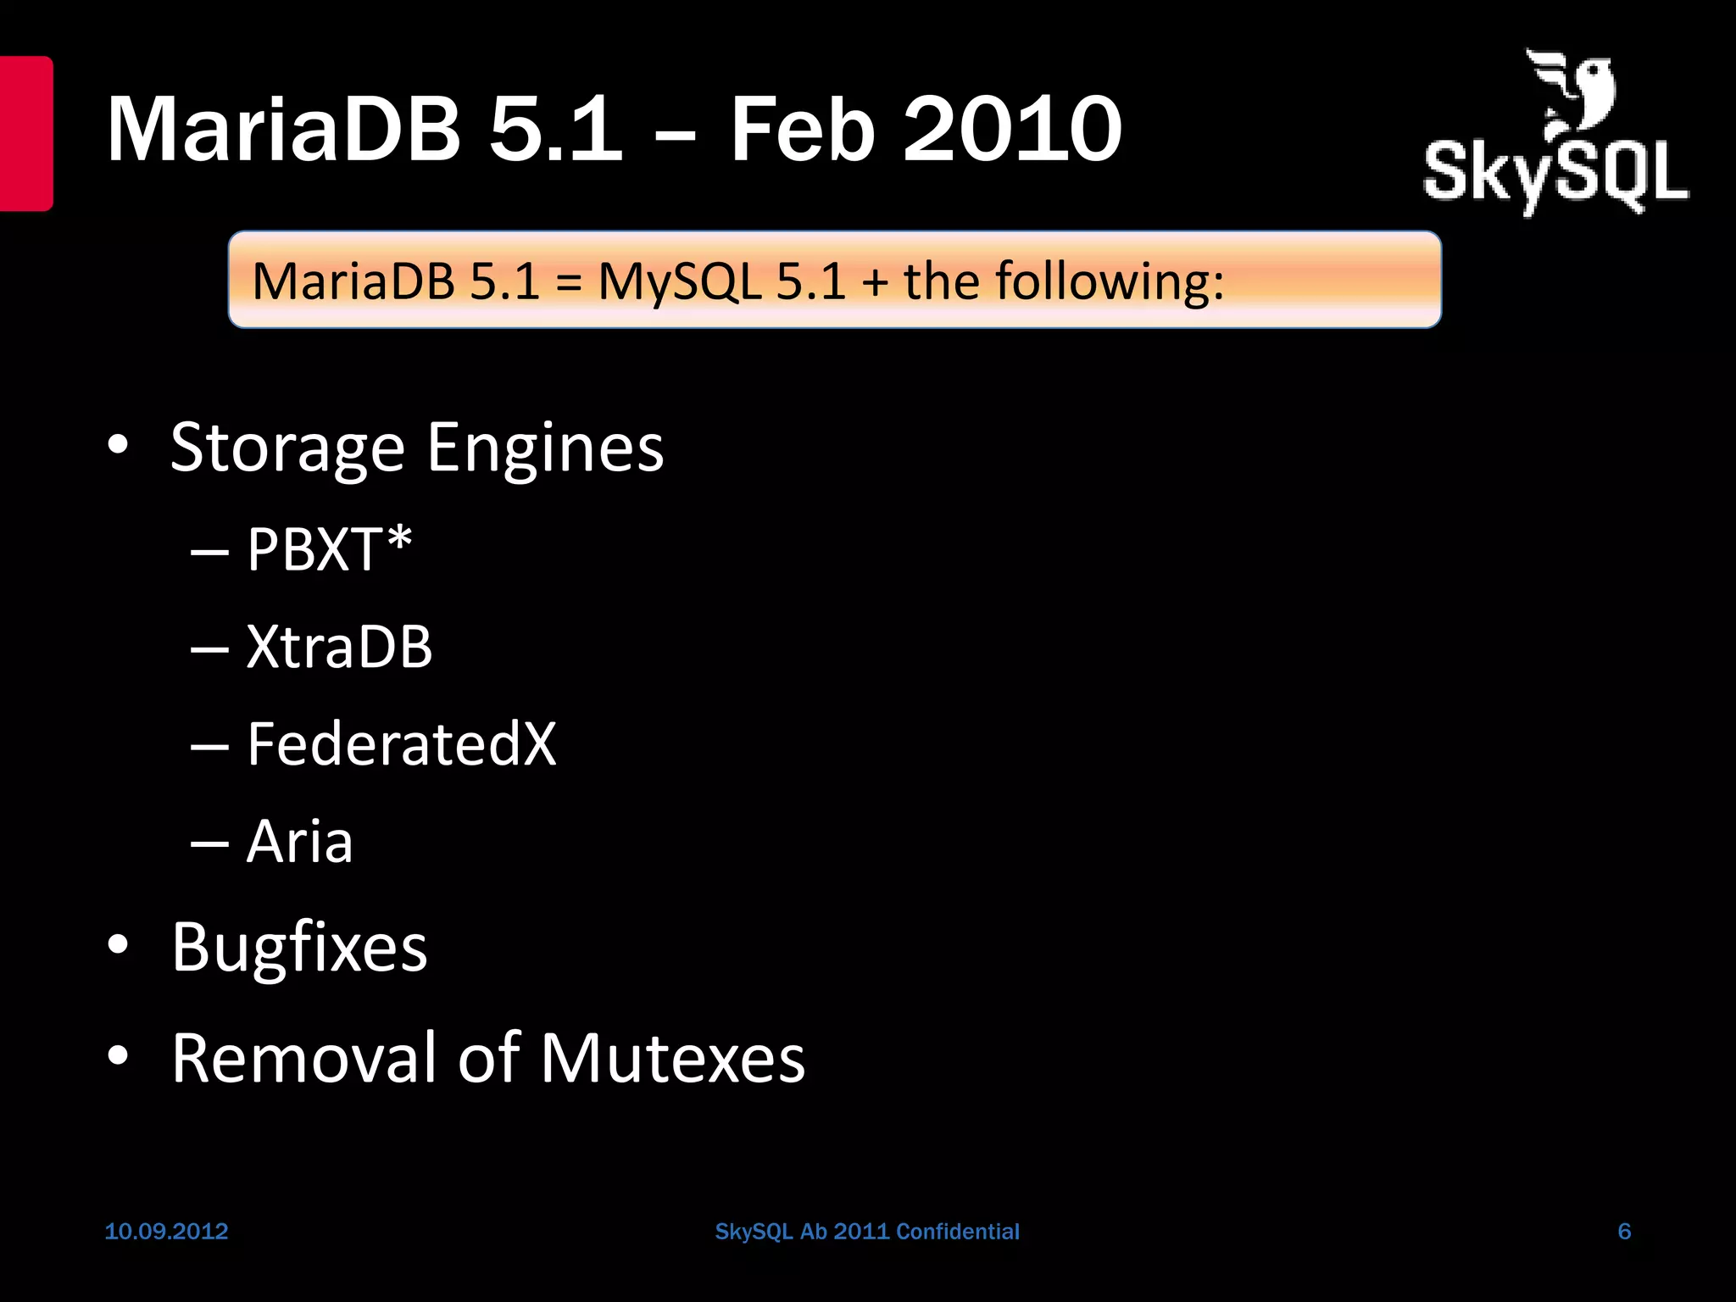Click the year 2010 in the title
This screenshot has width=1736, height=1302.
1013,129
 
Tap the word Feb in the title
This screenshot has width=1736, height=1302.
802,129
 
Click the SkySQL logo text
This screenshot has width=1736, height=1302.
1555,174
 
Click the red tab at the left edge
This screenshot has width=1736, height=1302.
25,133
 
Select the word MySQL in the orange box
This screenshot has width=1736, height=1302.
679,281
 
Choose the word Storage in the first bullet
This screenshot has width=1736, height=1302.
287,448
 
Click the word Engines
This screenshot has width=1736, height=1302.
545,448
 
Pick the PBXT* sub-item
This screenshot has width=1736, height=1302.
329,549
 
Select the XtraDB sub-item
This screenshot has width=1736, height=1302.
339,647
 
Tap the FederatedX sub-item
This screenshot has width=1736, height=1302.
401,744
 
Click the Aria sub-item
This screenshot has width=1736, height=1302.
299,842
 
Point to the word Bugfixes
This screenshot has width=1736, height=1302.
299,947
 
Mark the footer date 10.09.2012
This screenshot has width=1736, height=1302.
166,1231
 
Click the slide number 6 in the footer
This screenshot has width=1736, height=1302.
1624,1231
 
